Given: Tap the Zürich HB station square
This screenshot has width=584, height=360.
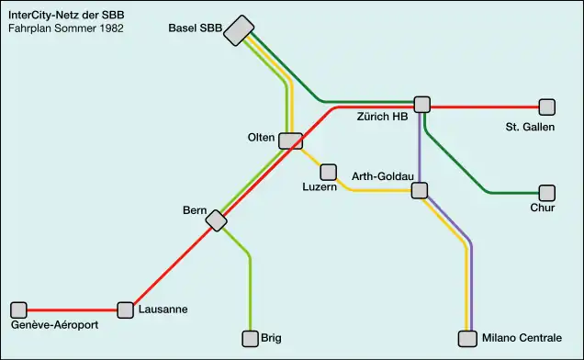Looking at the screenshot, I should point(422,105).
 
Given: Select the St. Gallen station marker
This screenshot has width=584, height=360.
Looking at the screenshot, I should point(547,107).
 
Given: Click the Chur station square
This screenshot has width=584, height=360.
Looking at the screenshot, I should point(547,193).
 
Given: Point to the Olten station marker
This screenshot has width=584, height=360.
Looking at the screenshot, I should point(291,141).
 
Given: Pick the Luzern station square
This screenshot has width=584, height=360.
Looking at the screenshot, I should point(328,172).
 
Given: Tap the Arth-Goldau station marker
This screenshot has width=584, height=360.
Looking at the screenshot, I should point(420,190).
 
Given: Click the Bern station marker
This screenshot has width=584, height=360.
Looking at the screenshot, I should point(217,220).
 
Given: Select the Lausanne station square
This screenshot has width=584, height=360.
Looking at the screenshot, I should point(126,309).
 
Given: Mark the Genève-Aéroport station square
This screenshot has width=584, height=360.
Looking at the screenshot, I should point(19,309).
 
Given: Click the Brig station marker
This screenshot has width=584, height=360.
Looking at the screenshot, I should point(250,339).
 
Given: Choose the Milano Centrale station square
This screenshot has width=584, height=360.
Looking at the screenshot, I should point(468,339).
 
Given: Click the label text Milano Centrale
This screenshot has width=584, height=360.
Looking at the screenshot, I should point(522,339).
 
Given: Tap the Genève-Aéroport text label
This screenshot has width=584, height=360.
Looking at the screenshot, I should point(54,325).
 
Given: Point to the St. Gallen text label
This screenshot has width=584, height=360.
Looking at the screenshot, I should point(530,127).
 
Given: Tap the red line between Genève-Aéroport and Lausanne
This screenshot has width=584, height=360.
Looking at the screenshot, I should point(73,309).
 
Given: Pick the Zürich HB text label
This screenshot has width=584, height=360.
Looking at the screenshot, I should point(382,117).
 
